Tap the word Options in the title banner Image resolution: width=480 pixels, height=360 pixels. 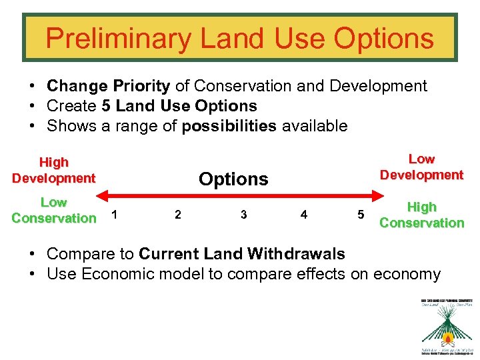tap(383, 39)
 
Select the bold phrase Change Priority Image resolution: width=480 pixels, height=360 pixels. tap(108, 86)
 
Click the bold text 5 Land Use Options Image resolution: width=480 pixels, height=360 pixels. tap(179, 106)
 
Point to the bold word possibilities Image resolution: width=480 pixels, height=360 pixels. tap(229, 126)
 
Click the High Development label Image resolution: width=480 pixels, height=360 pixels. tap(53, 170)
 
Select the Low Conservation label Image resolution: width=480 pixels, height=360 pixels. tap(53, 210)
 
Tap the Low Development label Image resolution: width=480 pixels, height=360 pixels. tap(421, 167)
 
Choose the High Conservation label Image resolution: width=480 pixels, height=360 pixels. tap(421, 215)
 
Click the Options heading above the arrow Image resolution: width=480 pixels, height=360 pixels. tap(233, 179)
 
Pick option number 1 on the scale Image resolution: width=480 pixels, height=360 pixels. tap(116, 215)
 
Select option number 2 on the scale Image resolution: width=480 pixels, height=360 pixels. tap(177, 215)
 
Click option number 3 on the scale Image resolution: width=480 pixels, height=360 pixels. tap(243, 215)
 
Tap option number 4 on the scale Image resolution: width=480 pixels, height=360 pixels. tap(304, 215)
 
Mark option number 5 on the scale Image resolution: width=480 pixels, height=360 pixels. tap(361, 215)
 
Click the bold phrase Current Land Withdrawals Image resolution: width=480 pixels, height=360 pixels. tap(241, 254)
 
